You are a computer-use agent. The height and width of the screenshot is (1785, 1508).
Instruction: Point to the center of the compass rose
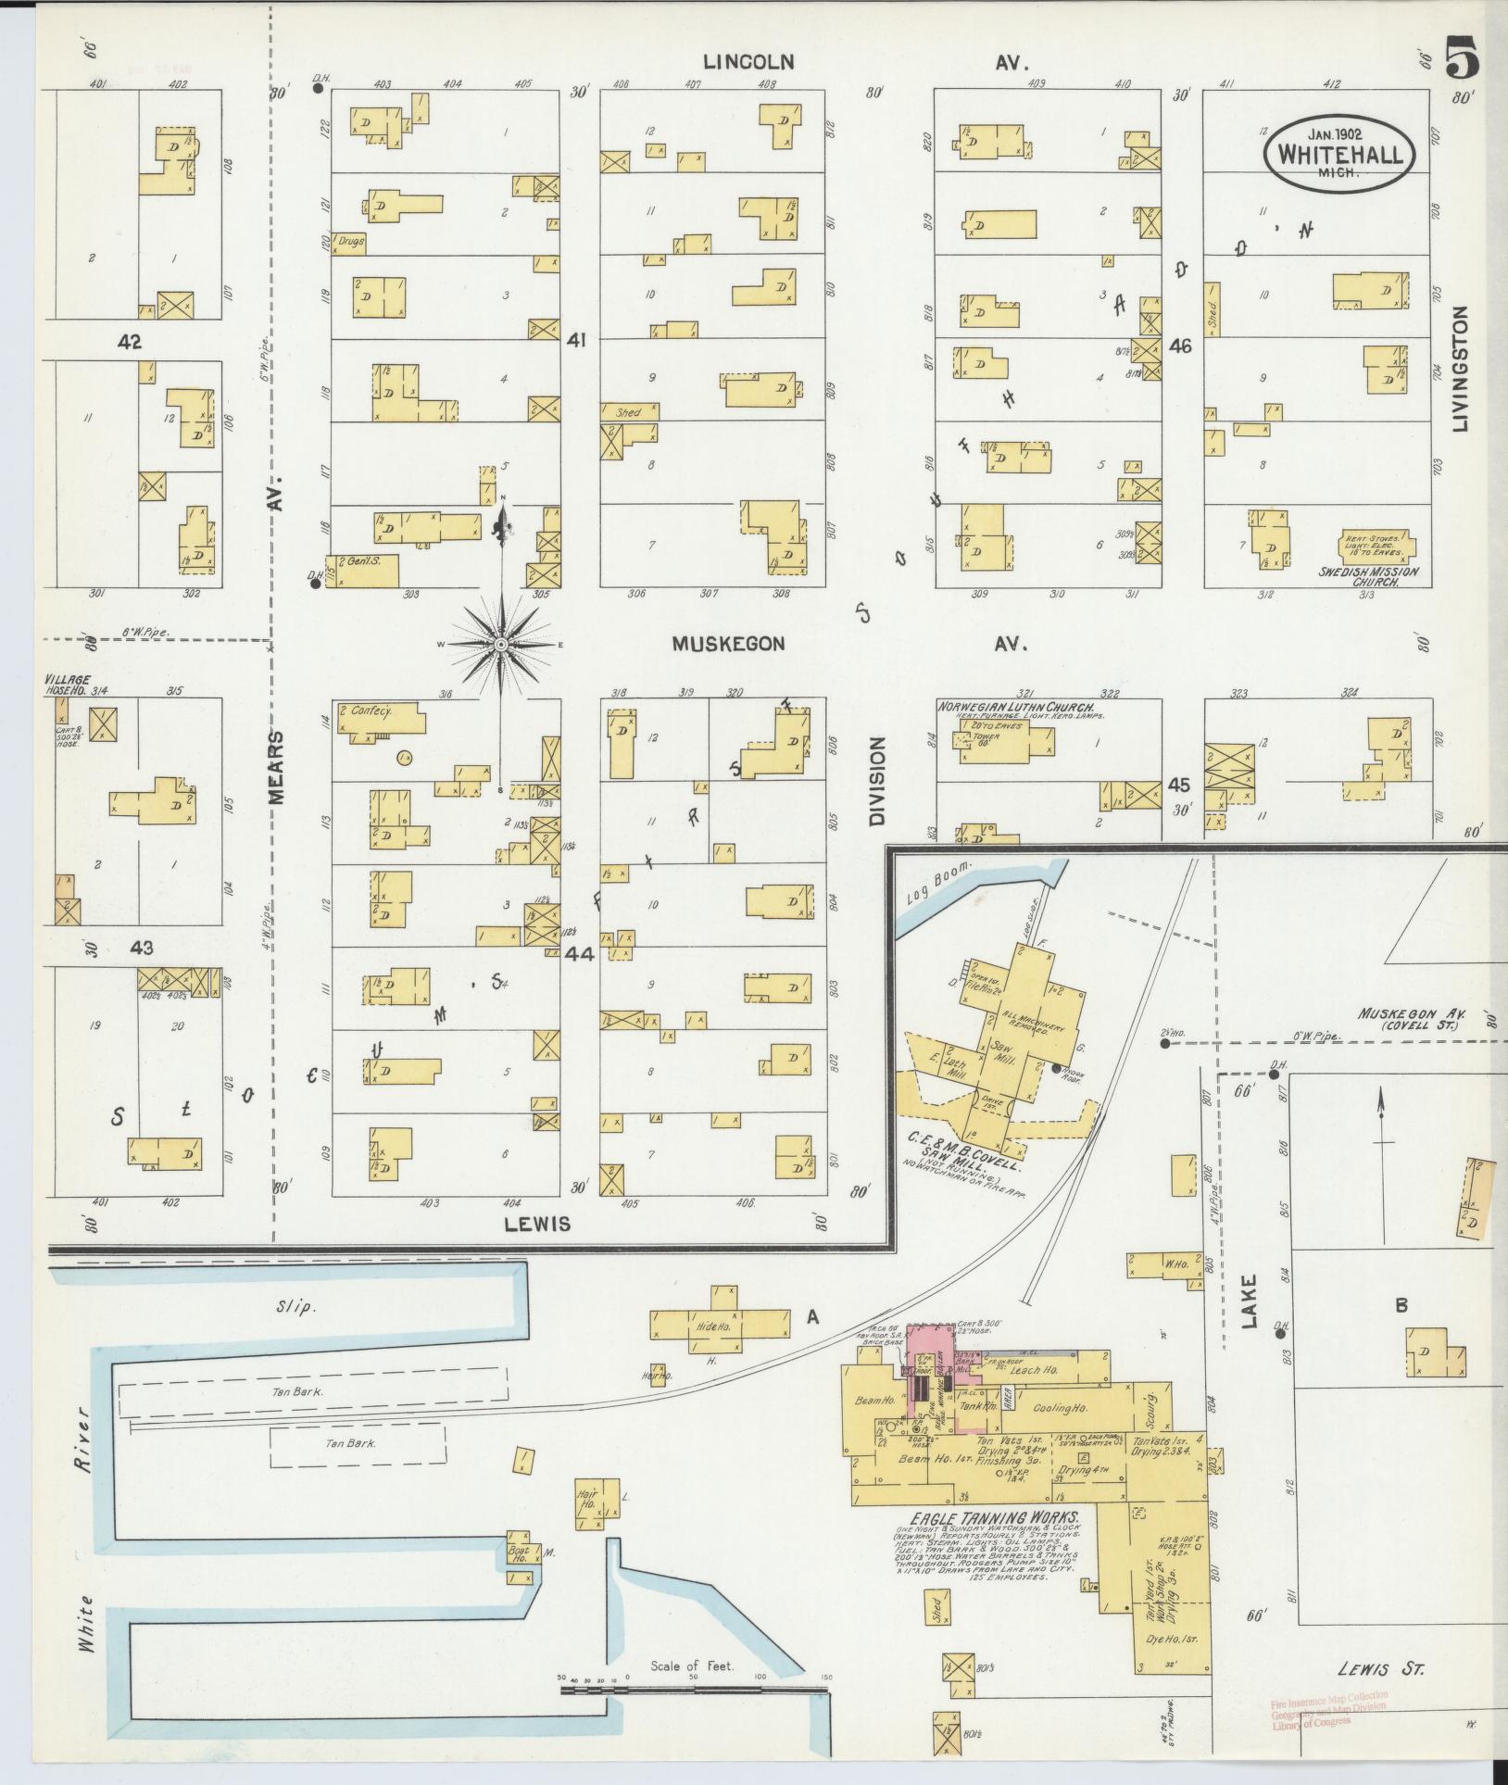pos(501,644)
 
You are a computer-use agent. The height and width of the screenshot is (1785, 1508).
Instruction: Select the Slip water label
pos(297,1307)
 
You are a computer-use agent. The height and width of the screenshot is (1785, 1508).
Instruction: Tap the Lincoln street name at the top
pos(748,62)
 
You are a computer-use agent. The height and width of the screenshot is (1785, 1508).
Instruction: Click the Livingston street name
pos(1462,369)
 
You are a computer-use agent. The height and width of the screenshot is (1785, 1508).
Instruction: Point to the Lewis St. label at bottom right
pos(1380,1668)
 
